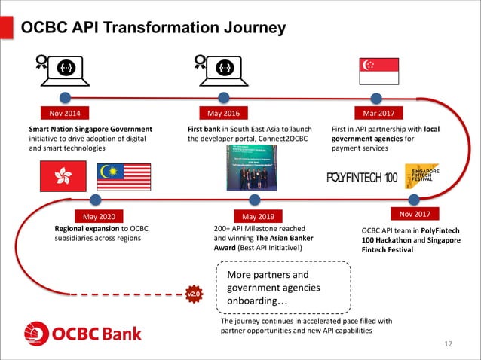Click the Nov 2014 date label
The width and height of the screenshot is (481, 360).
(x=65, y=114)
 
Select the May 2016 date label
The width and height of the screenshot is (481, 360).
(x=223, y=114)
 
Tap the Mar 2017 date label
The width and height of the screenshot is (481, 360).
(x=378, y=114)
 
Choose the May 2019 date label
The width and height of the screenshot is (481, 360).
(x=258, y=215)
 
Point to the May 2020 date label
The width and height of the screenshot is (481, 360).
(x=93, y=215)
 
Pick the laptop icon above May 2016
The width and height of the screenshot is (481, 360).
(x=222, y=70)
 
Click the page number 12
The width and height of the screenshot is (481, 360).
(x=449, y=344)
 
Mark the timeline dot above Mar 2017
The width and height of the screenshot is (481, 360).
(x=377, y=97)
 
